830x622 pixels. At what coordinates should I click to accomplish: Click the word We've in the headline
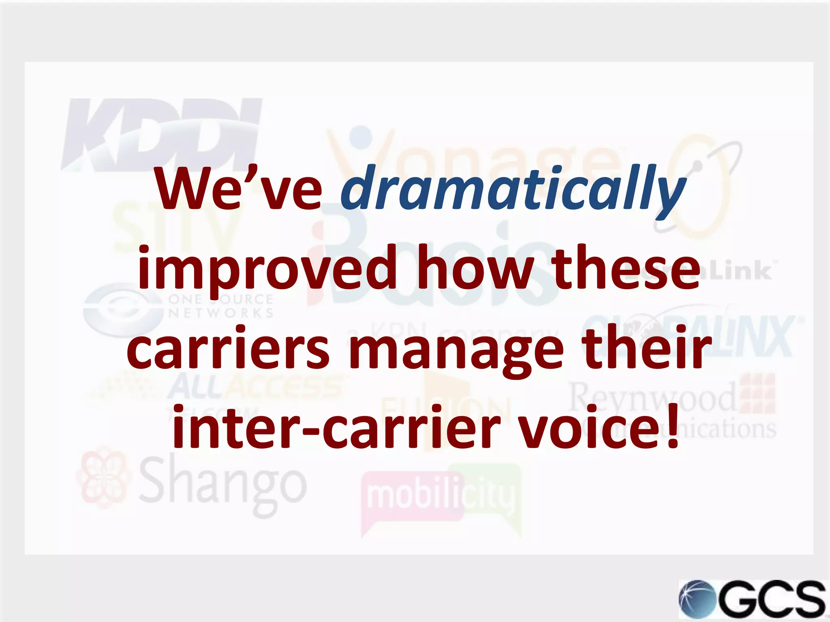point(239,188)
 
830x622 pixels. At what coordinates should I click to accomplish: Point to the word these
point(626,267)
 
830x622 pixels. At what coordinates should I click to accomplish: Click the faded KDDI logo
point(162,134)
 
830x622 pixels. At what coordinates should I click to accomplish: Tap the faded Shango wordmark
point(223,484)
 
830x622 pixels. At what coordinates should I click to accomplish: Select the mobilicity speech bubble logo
point(440,498)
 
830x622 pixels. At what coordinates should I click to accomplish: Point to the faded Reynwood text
point(652,397)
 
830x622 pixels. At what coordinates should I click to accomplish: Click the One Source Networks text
point(221,306)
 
